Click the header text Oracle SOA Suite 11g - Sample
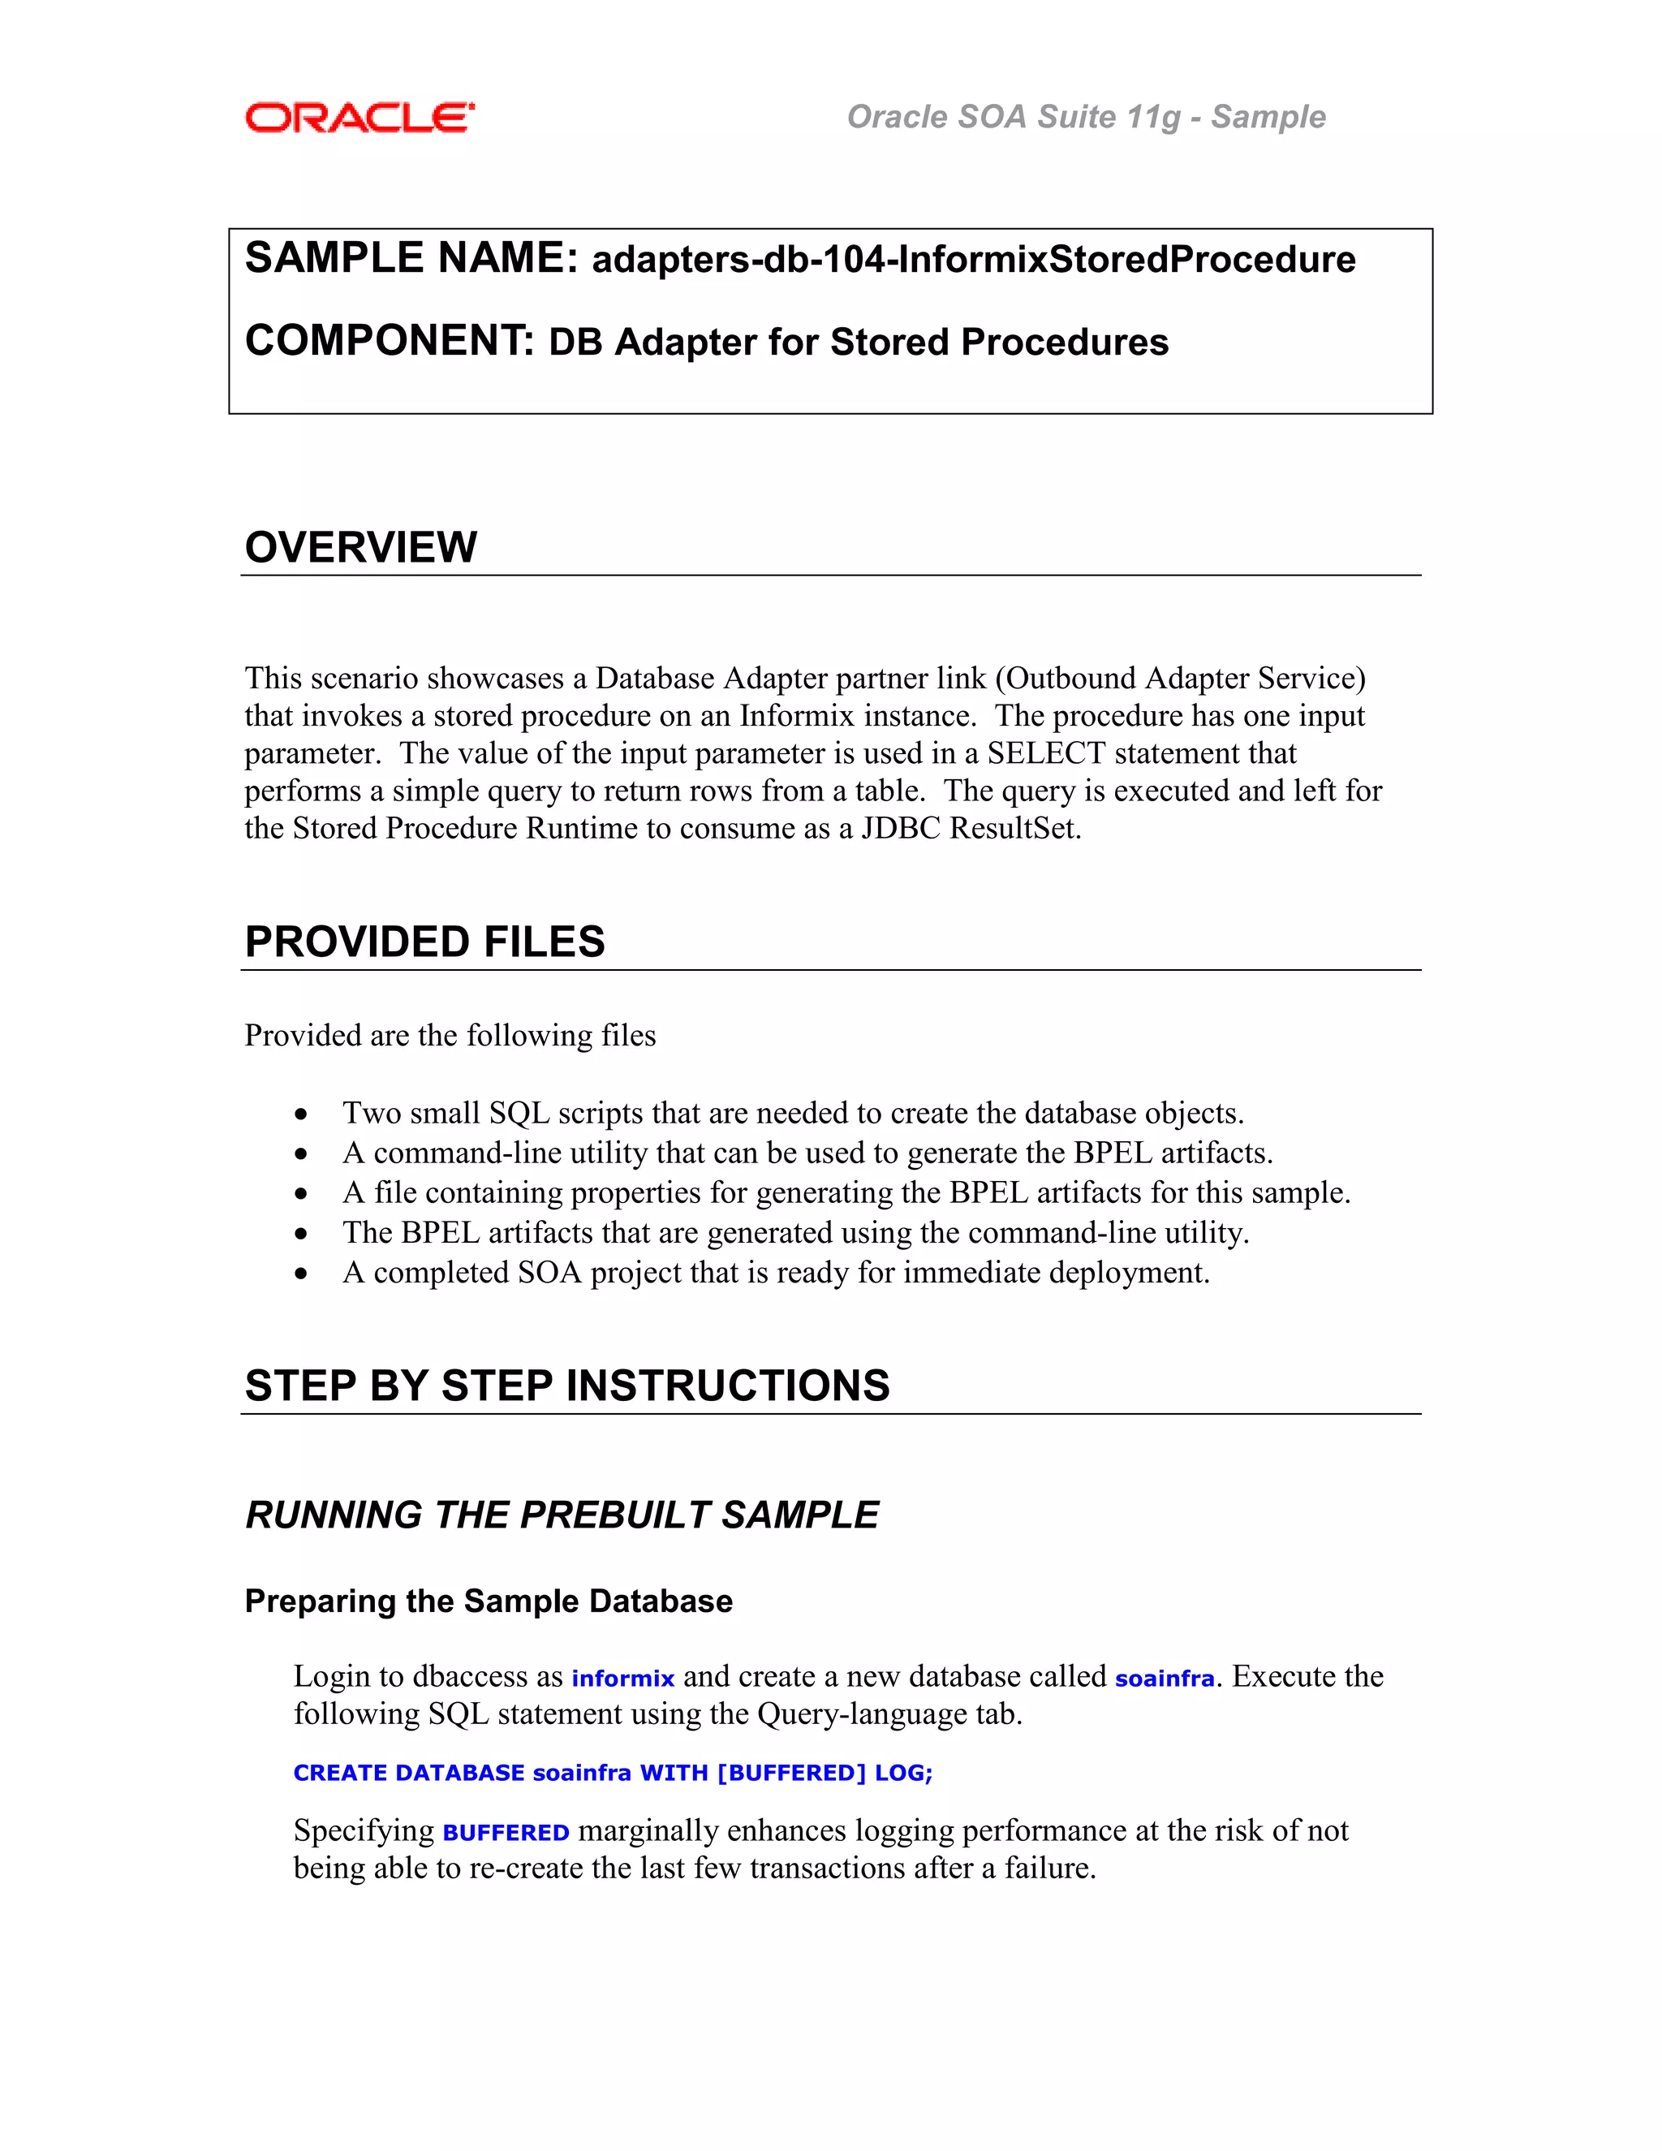pyautogui.click(x=1085, y=116)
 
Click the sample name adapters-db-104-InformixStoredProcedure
pyautogui.click(x=973, y=260)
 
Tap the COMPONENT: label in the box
pyautogui.click(x=389, y=341)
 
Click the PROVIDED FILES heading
pyautogui.click(x=424, y=942)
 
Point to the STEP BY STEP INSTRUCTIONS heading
pyautogui.click(x=567, y=1385)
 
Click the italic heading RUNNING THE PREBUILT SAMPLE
pyautogui.click(x=562, y=1515)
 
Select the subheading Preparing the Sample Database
pyautogui.click(x=489, y=1601)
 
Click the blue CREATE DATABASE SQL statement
pyautogui.click(x=613, y=1773)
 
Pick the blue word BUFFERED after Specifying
pyautogui.click(x=506, y=1833)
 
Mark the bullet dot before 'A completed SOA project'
pyautogui.click(x=301, y=1274)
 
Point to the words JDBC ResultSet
pyautogui.click(x=969, y=828)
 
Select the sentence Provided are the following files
pyautogui.click(x=450, y=1035)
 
